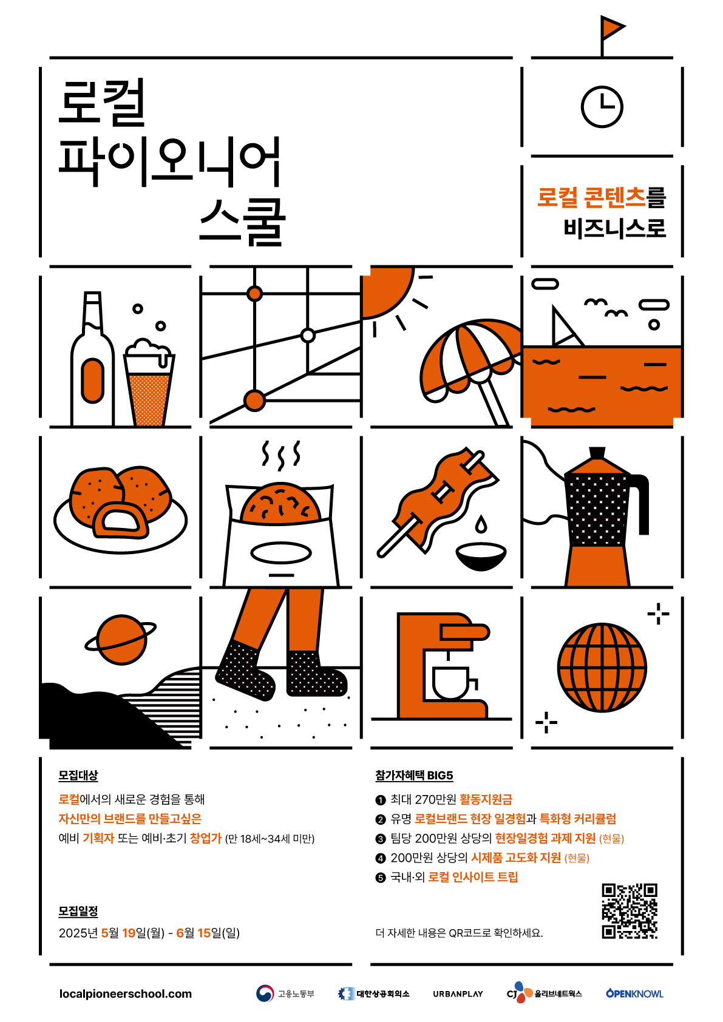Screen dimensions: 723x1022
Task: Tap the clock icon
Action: [x=602, y=107]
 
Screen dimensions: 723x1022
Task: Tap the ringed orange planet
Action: [x=121, y=640]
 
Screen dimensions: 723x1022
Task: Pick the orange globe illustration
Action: [x=602, y=667]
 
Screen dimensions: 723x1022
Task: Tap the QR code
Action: [x=630, y=911]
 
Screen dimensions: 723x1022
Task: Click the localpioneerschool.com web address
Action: [x=126, y=993]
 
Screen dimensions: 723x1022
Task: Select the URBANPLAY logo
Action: [x=458, y=993]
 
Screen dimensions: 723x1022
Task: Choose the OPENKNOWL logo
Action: [x=634, y=993]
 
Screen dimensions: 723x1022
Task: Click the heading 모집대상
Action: [x=78, y=775]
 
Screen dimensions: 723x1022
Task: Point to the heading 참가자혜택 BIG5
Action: [x=414, y=775]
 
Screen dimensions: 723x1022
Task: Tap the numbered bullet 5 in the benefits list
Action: [x=381, y=878]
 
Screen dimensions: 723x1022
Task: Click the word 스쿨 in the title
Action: [x=242, y=222]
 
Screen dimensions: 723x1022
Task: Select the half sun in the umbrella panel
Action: [x=385, y=291]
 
